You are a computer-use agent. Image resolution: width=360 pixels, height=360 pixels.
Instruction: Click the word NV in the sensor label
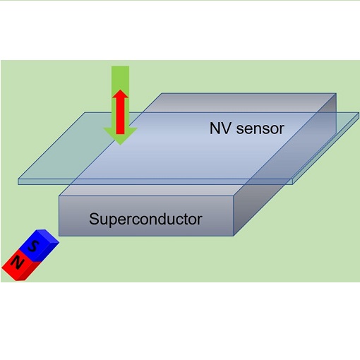(x=220, y=128)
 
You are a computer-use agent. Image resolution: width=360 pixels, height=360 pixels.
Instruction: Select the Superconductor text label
(x=145, y=218)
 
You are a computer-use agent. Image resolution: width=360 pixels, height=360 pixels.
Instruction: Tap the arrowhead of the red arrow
(x=121, y=94)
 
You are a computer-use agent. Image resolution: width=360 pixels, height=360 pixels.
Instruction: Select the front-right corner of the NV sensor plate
(x=292, y=183)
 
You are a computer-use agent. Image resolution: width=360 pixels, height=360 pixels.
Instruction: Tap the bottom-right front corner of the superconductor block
(x=233, y=234)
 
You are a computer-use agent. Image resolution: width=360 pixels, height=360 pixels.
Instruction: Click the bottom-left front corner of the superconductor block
(x=59, y=234)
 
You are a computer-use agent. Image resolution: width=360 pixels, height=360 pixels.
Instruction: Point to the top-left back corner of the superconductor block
(x=162, y=94)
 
